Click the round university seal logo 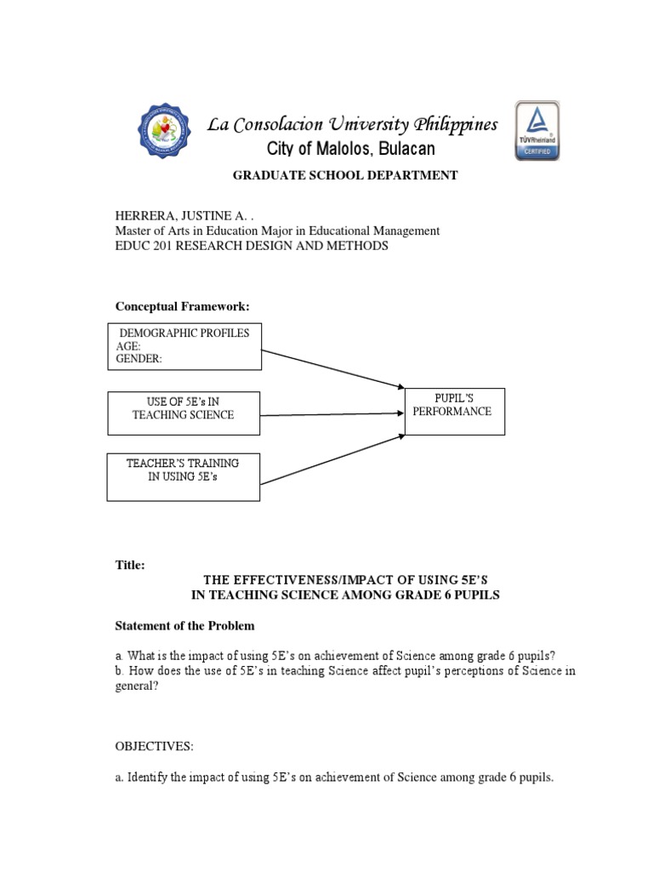pyautogui.click(x=169, y=133)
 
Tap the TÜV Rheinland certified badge pyautogui.click(x=537, y=132)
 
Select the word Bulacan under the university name pyautogui.click(x=401, y=150)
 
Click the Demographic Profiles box pyautogui.click(x=184, y=346)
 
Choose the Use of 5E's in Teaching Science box pyautogui.click(x=184, y=412)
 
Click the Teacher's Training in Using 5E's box pyautogui.click(x=184, y=476)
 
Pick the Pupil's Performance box pyautogui.click(x=454, y=411)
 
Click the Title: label pyautogui.click(x=130, y=565)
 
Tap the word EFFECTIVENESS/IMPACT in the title pyautogui.click(x=299, y=580)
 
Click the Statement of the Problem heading pyautogui.click(x=185, y=626)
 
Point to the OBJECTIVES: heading pyautogui.click(x=154, y=746)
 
